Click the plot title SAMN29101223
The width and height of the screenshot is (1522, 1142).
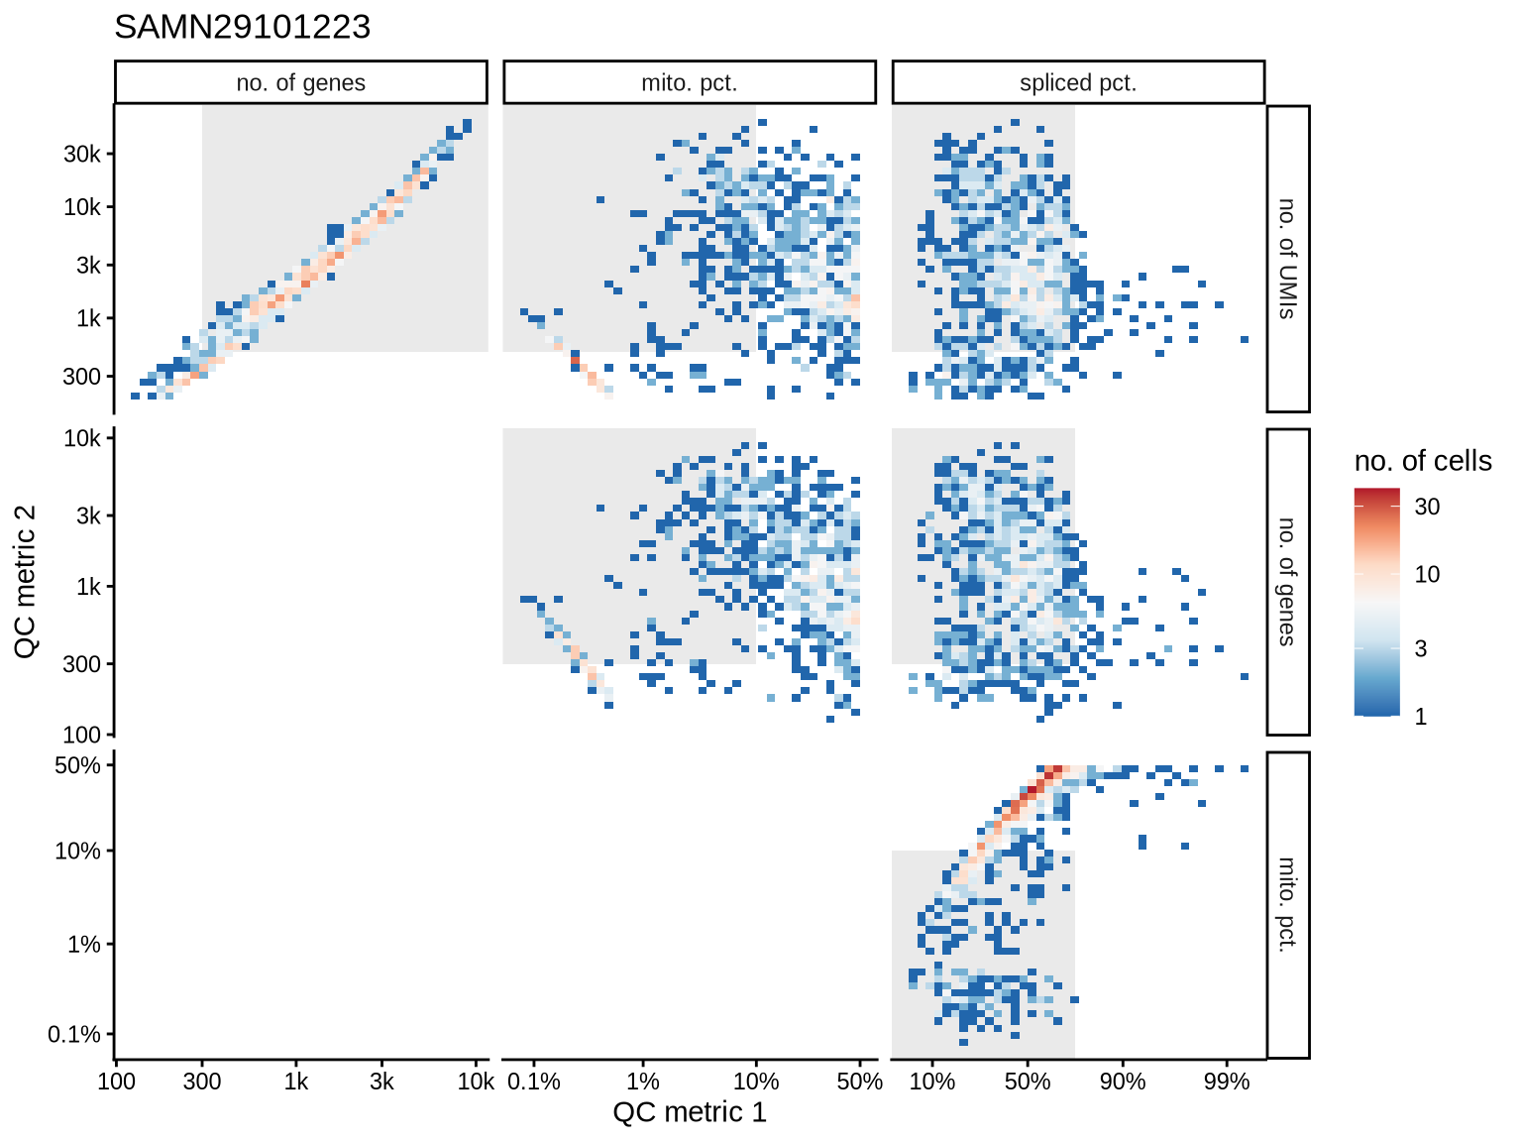(243, 27)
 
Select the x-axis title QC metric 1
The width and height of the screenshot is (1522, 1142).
(690, 1112)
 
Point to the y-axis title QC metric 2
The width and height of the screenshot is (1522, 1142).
(26, 581)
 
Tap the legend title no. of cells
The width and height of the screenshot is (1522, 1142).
(1422, 461)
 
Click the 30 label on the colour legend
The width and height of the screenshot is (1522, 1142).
(1427, 507)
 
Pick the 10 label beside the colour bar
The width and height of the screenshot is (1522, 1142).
(1427, 574)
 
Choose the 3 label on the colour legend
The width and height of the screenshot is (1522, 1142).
(1421, 648)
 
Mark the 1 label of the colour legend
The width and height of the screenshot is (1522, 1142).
(1421, 717)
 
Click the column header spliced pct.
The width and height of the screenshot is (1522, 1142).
(1078, 83)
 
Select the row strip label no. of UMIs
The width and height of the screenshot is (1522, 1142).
(1287, 259)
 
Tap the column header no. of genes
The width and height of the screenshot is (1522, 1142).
(301, 83)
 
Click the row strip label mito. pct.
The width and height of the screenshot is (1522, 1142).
(1287, 904)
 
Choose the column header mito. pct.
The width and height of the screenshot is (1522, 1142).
(690, 83)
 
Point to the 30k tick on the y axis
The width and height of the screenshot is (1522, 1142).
(82, 154)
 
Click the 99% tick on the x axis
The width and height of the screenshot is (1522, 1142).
(1227, 1082)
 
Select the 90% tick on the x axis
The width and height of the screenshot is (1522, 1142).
(1123, 1082)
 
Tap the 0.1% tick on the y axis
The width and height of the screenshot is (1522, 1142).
(74, 1035)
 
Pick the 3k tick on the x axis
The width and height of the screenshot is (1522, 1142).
(381, 1082)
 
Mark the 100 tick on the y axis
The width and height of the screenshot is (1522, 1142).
(83, 735)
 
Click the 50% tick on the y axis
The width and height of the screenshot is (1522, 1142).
(78, 765)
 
